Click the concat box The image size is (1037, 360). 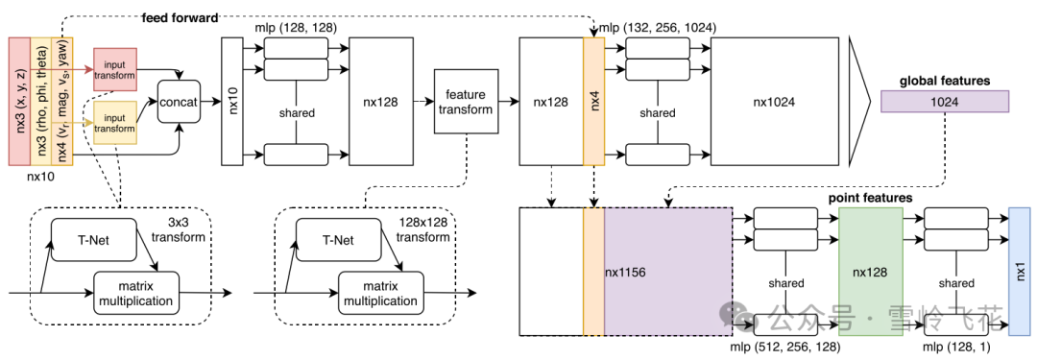tap(179, 102)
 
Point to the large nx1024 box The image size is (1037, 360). tap(775, 102)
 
